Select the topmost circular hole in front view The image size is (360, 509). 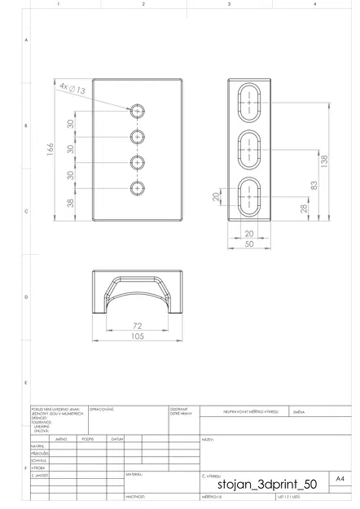(138, 110)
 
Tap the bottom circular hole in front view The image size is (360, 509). (138, 189)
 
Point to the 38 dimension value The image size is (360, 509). (70, 204)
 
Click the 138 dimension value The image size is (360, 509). (324, 160)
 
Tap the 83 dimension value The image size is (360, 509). (313, 185)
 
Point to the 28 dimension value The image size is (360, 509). (304, 208)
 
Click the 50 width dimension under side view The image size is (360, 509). (249, 244)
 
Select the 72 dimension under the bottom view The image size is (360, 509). (137, 326)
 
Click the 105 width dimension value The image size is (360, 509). (137, 336)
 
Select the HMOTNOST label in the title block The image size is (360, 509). (134, 495)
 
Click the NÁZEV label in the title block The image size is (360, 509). (207, 440)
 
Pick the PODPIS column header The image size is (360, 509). (88, 439)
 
